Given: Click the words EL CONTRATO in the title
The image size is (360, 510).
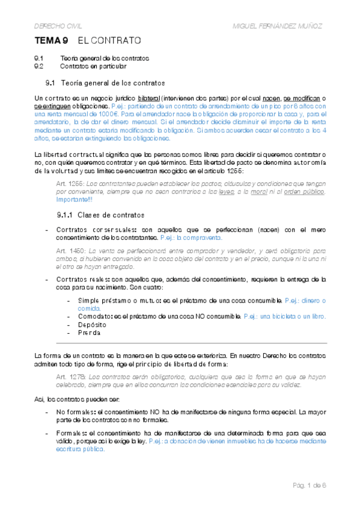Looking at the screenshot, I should pyautogui.click(x=109, y=41).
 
